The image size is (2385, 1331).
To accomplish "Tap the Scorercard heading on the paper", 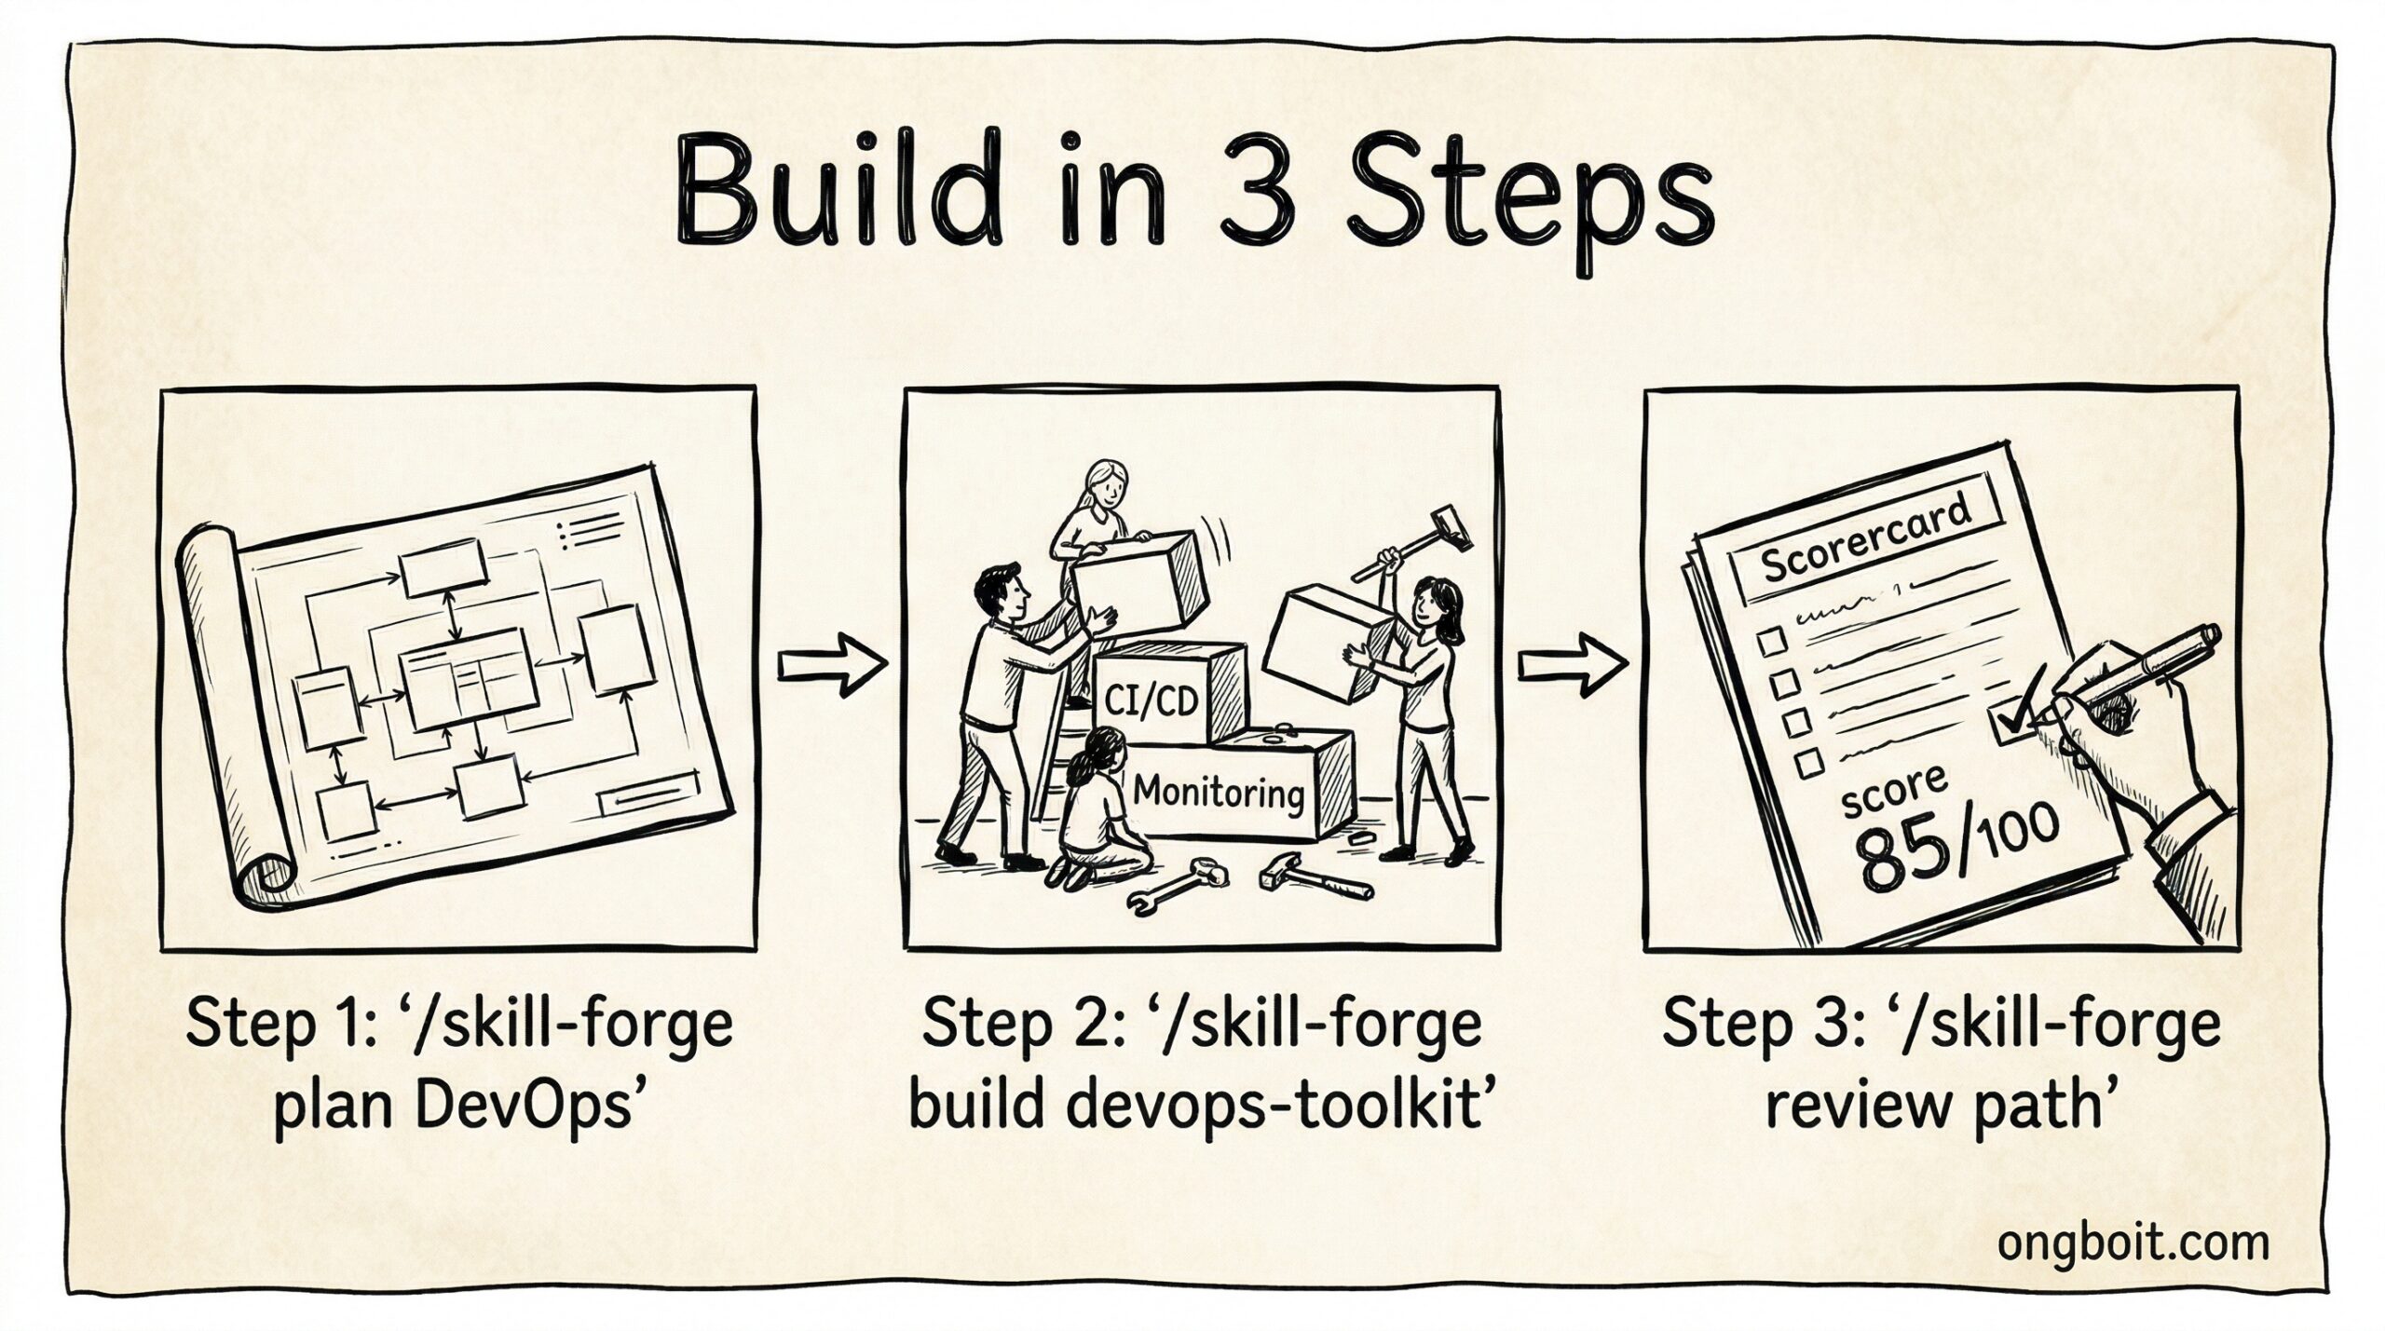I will coord(1866,543).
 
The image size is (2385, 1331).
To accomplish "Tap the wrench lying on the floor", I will coord(1176,882).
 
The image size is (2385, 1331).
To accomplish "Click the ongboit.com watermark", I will coord(2133,1243).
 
